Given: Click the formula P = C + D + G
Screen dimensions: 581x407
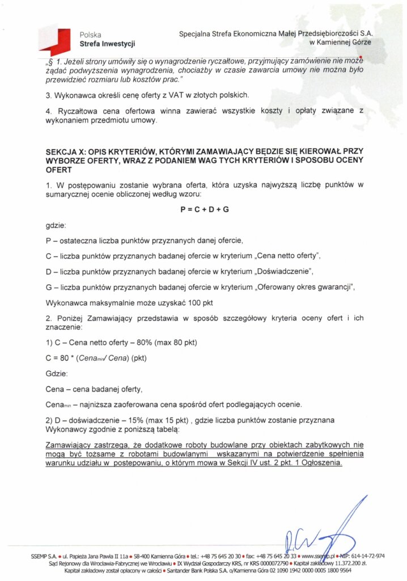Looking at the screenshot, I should coord(204,209).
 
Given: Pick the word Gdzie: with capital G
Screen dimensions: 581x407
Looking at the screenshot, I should coord(56,374).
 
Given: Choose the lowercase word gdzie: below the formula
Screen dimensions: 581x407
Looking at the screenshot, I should coord(56,225).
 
